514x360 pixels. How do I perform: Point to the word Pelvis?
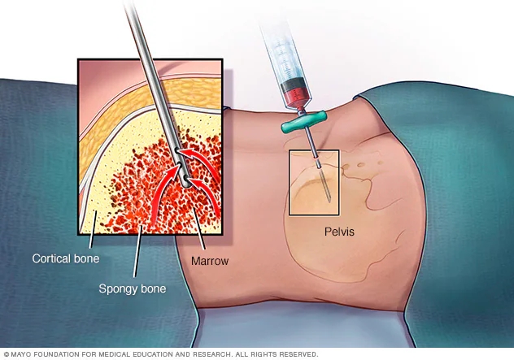click(x=336, y=231)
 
